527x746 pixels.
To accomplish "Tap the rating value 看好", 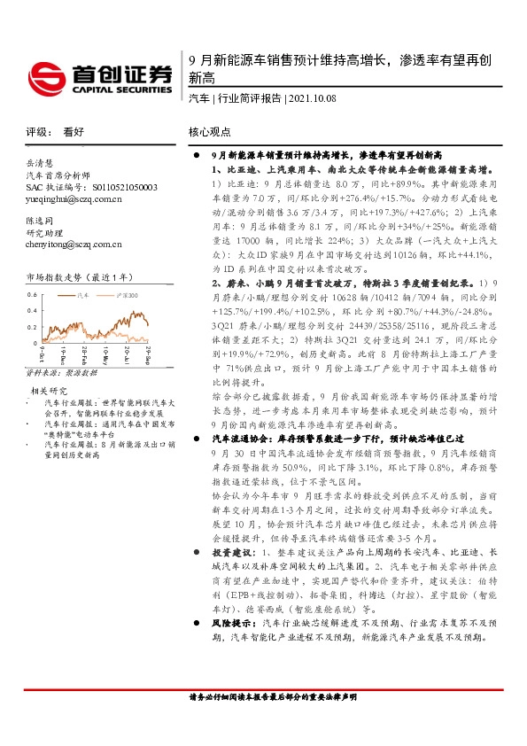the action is [x=73, y=131].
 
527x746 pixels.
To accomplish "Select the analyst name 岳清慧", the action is [x=41, y=163].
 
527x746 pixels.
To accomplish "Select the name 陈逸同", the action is [x=41, y=218].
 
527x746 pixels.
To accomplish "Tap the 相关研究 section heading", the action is [x=50, y=389].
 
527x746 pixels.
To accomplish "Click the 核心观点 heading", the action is [x=210, y=131].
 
